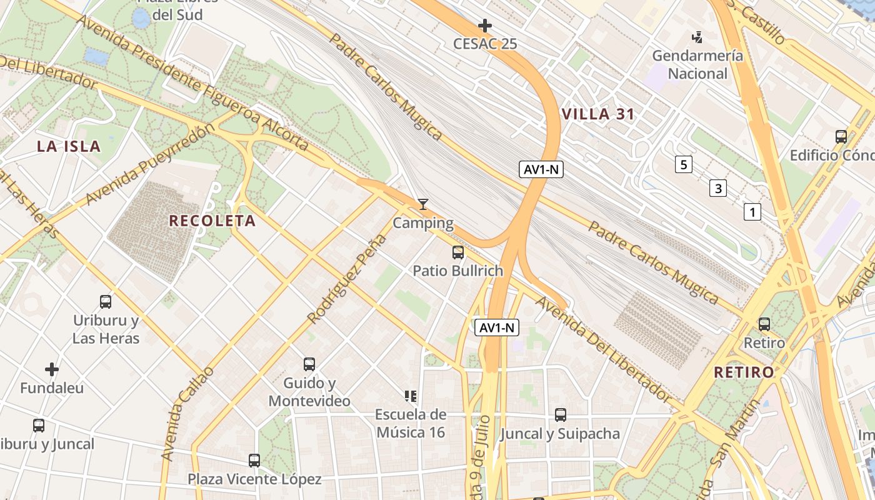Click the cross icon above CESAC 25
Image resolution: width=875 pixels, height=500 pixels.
click(x=484, y=26)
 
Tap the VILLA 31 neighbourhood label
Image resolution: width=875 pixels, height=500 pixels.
click(x=598, y=114)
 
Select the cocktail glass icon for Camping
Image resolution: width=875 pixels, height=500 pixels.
click(x=423, y=204)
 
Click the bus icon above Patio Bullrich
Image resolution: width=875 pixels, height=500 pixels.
click(x=458, y=252)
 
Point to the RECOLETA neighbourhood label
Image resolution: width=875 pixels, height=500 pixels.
click(x=212, y=221)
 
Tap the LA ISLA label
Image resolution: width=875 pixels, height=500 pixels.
click(x=69, y=146)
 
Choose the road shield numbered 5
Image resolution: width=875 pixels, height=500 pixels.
click(x=684, y=165)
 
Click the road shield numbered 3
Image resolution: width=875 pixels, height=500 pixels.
click(x=718, y=188)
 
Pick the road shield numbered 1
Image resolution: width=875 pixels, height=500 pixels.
click(x=752, y=212)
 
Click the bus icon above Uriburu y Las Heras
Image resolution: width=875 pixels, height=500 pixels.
click(x=106, y=302)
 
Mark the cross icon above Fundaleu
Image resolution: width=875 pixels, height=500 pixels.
click(x=52, y=369)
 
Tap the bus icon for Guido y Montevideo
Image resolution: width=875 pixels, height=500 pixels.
click(x=309, y=364)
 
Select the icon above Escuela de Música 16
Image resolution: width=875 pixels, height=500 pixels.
click(x=411, y=396)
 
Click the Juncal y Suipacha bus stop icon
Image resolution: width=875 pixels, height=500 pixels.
click(x=561, y=414)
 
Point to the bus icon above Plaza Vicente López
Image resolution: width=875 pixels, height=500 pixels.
click(x=254, y=461)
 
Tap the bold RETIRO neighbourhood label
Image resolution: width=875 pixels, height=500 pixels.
click(x=744, y=372)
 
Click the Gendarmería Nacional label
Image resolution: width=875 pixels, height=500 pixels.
click(x=697, y=64)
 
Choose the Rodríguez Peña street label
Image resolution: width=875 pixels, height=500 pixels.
click(x=347, y=280)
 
